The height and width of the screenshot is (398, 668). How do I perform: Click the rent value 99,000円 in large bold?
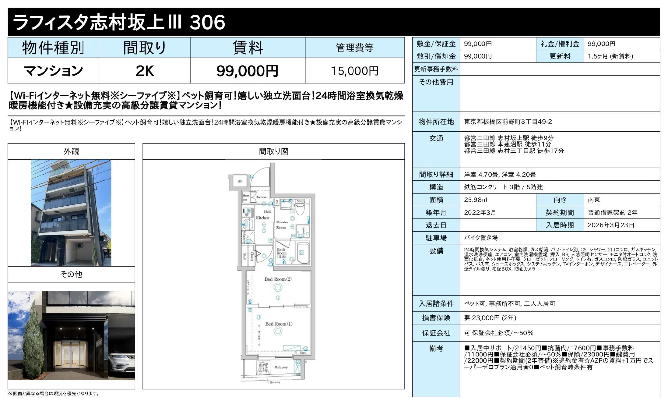[x=247, y=71]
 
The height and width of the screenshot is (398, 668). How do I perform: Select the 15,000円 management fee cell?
[x=354, y=71]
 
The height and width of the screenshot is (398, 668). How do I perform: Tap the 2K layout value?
[x=145, y=71]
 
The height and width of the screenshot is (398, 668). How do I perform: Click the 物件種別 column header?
[x=53, y=48]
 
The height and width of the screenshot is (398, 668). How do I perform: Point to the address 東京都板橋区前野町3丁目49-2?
[x=508, y=122]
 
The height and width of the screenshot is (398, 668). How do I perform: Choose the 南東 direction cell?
[x=594, y=200]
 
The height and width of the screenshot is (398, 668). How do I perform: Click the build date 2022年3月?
[x=480, y=212]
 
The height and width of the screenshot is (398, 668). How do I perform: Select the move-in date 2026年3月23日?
[x=611, y=225]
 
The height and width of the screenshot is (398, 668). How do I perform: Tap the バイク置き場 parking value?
[x=481, y=238]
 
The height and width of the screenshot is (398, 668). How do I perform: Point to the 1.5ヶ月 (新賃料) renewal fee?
[x=610, y=56]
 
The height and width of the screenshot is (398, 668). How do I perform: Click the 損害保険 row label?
[x=436, y=318]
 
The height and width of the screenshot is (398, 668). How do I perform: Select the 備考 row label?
[x=436, y=348]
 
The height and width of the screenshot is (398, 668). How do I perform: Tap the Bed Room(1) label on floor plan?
[x=279, y=324]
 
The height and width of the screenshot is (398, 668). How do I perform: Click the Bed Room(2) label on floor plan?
[x=278, y=279]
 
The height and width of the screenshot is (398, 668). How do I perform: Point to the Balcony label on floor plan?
[x=281, y=367]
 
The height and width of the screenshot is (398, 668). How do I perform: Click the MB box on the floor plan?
[x=240, y=181]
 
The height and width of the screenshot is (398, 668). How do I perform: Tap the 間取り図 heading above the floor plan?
[x=274, y=151]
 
